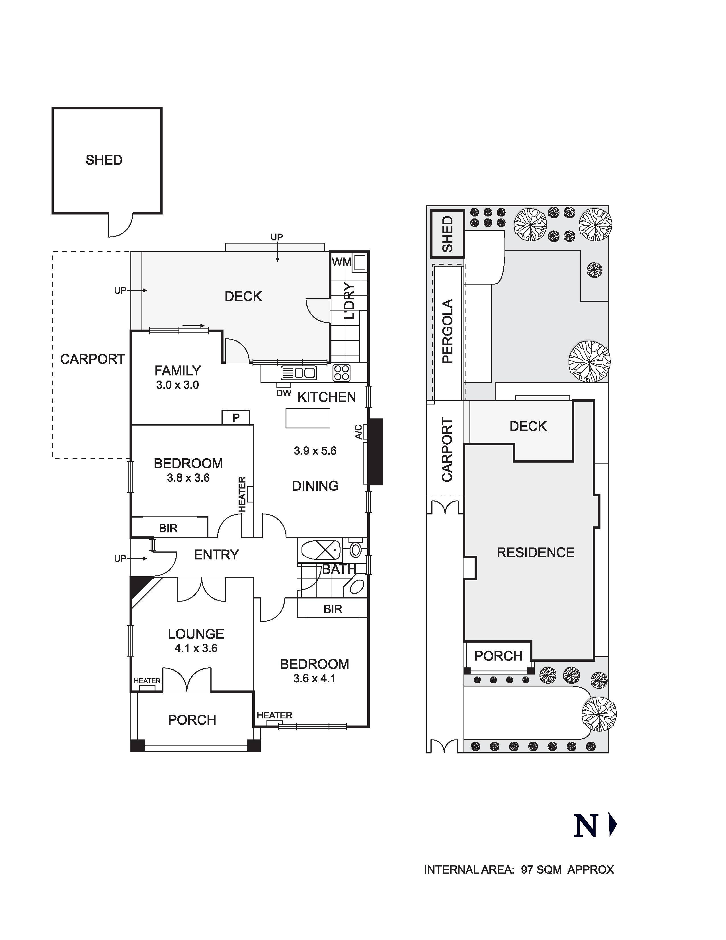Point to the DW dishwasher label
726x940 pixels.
[284, 393]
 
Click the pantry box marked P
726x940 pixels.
[236, 418]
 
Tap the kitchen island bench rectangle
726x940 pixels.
[308, 418]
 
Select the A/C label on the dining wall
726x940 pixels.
[358, 432]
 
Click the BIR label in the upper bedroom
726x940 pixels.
[168, 528]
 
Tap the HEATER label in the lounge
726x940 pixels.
[147, 681]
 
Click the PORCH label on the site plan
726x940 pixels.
[498, 656]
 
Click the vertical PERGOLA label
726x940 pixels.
[448, 331]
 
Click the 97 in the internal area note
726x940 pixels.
[527, 870]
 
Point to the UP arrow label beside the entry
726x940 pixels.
[120, 559]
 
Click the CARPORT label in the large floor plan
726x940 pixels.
[93, 359]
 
